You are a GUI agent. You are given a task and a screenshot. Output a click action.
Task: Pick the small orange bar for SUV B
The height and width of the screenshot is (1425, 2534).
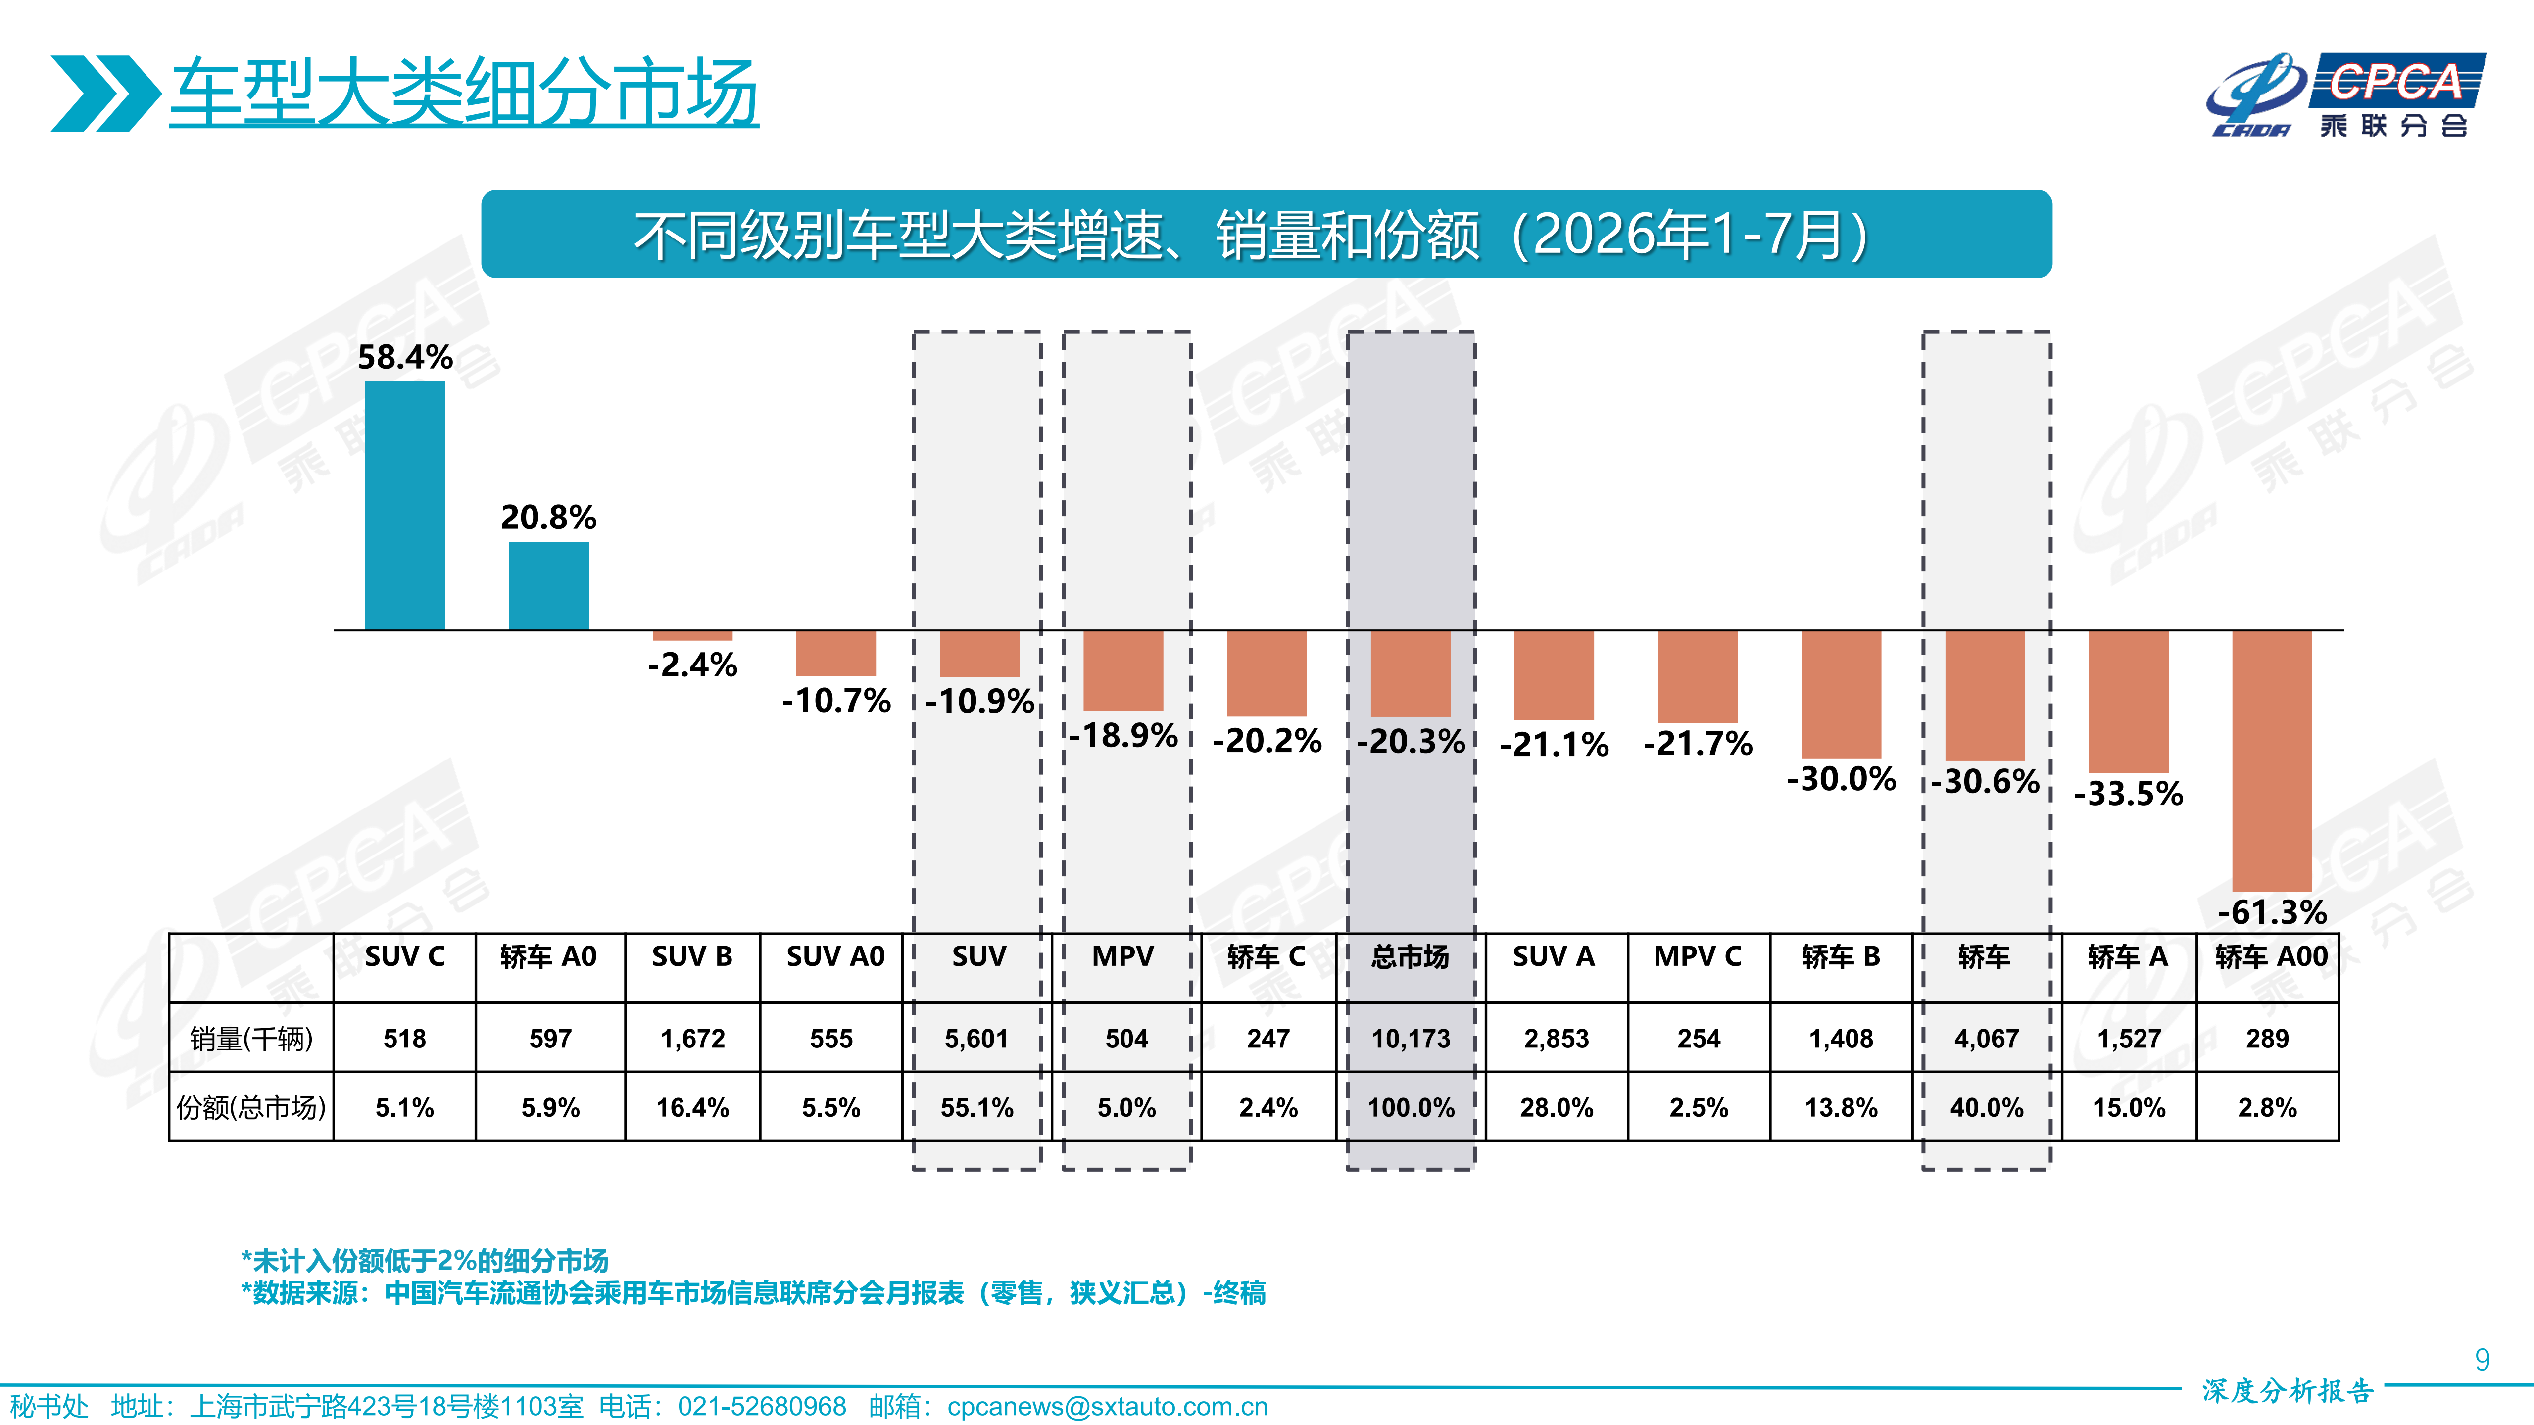(692, 635)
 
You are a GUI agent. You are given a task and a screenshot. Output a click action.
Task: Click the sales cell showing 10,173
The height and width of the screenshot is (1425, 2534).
(1411, 1039)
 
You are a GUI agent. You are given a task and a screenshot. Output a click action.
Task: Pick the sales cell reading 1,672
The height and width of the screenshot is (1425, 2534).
(692, 1039)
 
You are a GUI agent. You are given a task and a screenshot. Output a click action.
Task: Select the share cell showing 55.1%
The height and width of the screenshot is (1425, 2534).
(977, 1108)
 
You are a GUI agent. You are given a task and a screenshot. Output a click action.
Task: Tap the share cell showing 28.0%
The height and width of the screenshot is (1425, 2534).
(1556, 1108)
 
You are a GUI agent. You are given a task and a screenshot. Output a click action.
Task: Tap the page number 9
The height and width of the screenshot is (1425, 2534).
(2482, 1360)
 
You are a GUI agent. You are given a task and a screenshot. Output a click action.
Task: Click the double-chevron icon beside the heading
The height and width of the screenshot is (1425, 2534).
(105, 94)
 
